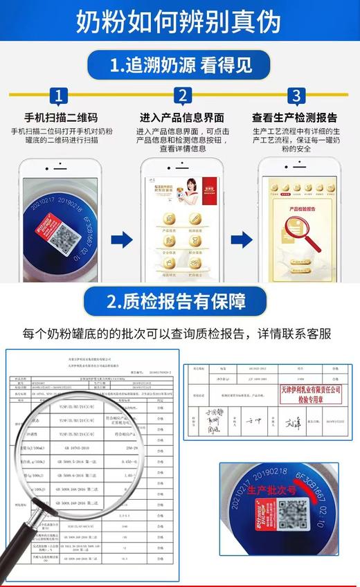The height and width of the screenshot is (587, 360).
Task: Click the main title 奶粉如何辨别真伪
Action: pos(179,21)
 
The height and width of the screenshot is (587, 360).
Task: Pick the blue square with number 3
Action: pos(296,96)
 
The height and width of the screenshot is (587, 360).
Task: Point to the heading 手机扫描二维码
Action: pos(62,118)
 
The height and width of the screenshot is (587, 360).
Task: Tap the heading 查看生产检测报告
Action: pos(296,118)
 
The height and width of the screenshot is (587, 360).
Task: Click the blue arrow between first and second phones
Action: pos(121,240)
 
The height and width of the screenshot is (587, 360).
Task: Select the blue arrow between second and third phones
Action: pos(241,240)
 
